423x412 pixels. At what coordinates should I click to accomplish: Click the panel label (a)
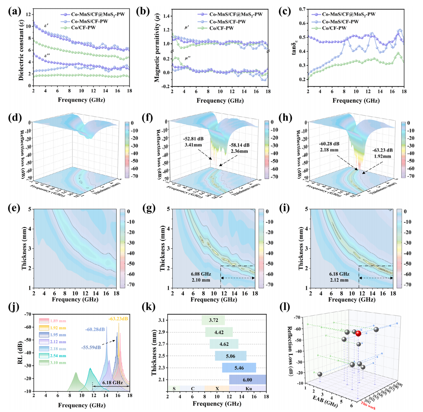click(x=14, y=10)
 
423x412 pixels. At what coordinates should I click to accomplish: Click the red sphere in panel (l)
click(x=358, y=334)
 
